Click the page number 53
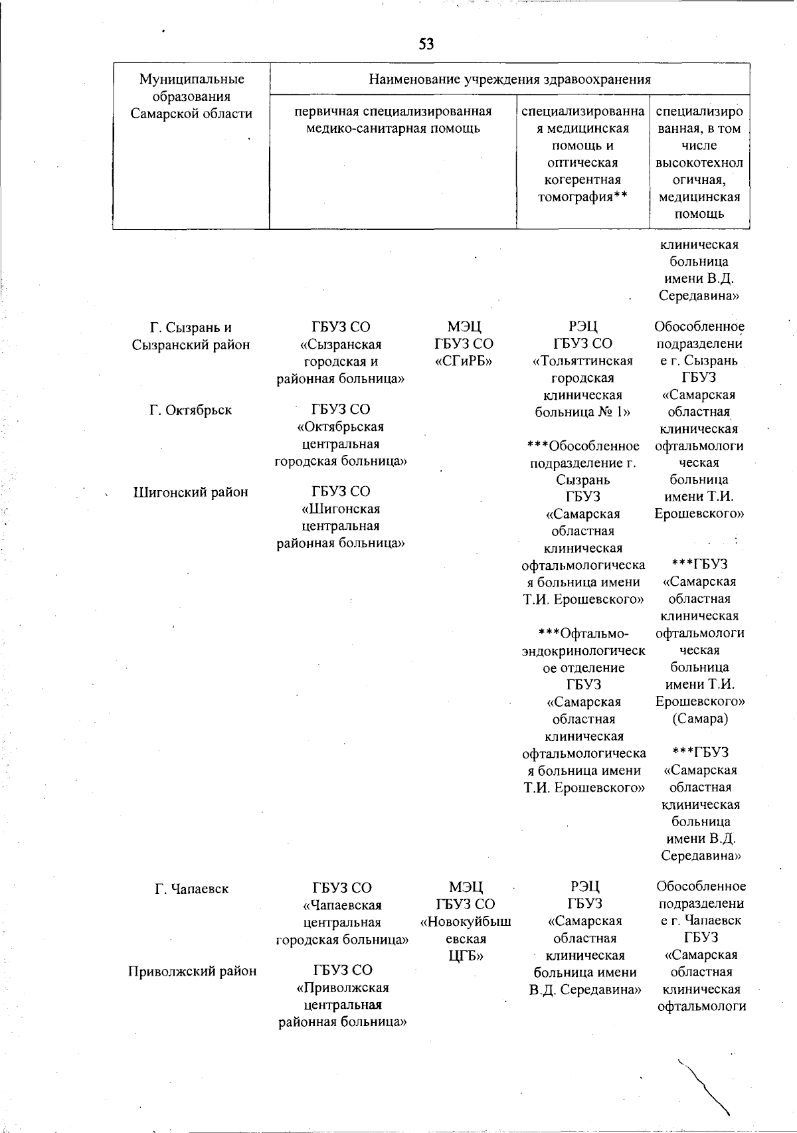(426, 44)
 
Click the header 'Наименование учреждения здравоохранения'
(509, 80)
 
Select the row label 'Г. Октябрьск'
(191, 410)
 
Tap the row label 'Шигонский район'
(191, 492)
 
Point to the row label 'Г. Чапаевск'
(191, 889)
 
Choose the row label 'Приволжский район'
(192, 971)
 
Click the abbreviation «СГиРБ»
(464, 361)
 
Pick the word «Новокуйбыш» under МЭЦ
(466, 922)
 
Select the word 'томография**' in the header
(582, 197)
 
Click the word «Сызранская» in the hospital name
(341, 345)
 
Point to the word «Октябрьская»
(341, 426)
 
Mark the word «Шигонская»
(341, 509)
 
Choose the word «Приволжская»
(342, 988)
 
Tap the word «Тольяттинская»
(582, 361)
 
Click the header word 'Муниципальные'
(191, 80)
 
